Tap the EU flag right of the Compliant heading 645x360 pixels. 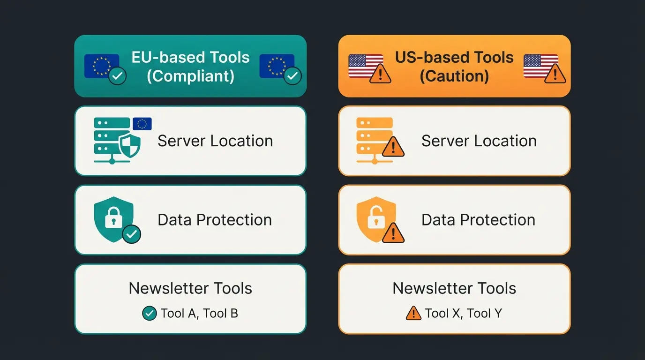click(277, 66)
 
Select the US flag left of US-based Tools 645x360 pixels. click(366, 66)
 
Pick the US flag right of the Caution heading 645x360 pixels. click(541, 66)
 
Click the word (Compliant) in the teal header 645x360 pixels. click(190, 75)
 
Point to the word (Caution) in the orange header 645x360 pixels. click(454, 75)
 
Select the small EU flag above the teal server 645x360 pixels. click(142, 124)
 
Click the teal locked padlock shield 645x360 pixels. click(114, 219)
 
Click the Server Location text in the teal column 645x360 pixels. click(215, 141)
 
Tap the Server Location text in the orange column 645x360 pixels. click(479, 141)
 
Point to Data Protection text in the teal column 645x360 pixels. click(215, 219)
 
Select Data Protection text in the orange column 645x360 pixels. click(478, 219)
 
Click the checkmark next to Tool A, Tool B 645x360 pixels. click(149, 313)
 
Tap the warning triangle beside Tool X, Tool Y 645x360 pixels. click(413, 313)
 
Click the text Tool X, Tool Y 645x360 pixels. click(463, 313)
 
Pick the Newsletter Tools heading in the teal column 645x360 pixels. click(190, 288)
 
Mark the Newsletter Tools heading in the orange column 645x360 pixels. click(454, 288)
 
